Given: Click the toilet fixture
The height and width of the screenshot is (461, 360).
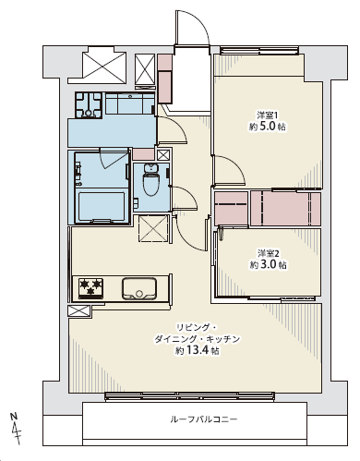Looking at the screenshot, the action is click(150, 180).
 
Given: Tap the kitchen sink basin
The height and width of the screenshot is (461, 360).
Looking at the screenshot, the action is click(139, 288).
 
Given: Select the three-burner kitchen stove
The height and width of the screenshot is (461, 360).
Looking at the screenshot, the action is click(90, 288).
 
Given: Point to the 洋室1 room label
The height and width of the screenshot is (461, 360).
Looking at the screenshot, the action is click(268, 115).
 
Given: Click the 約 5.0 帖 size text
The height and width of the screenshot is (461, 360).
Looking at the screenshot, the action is click(268, 127).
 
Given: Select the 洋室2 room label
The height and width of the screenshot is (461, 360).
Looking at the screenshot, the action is click(269, 253).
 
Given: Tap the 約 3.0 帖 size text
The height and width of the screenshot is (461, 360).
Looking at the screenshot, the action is click(268, 264).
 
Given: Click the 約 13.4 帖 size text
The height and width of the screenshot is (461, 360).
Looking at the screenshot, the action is click(198, 350).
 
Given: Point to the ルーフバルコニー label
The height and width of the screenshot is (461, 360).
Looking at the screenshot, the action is click(204, 419).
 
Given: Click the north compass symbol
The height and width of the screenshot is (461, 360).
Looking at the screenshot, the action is click(15, 428).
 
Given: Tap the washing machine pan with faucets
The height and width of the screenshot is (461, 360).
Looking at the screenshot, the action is click(89, 105).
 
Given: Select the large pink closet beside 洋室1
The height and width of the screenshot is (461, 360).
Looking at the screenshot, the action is click(285, 208).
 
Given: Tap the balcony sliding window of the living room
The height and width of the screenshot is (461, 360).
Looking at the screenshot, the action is click(189, 396).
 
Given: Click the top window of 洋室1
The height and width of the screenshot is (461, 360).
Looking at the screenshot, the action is click(259, 50).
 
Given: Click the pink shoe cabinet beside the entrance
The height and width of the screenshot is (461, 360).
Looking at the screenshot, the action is click(165, 79).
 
